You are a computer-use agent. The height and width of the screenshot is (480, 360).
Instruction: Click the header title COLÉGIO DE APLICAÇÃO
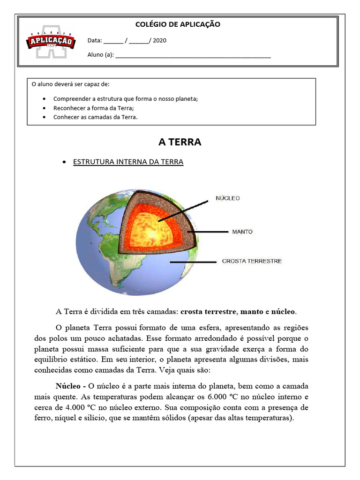click(x=177, y=24)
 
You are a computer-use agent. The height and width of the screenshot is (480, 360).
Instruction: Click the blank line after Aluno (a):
click(x=193, y=55)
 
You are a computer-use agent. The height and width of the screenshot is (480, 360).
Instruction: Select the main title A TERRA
click(x=180, y=142)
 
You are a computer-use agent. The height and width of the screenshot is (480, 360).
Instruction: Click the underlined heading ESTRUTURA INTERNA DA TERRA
click(x=128, y=162)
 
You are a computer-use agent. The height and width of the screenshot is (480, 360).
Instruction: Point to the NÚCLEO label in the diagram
click(x=227, y=198)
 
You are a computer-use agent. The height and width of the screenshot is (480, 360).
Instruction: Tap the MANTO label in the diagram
click(x=242, y=232)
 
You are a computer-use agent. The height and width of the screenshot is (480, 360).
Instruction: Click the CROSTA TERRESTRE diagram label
click(x=251, y=261)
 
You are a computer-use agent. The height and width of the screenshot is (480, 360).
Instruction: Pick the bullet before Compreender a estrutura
click(x=44, y=99)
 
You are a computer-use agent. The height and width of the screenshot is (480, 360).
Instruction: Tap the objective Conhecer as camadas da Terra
click(x=95, y=117)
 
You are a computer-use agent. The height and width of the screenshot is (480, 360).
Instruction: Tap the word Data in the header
click(x=94, y=40)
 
